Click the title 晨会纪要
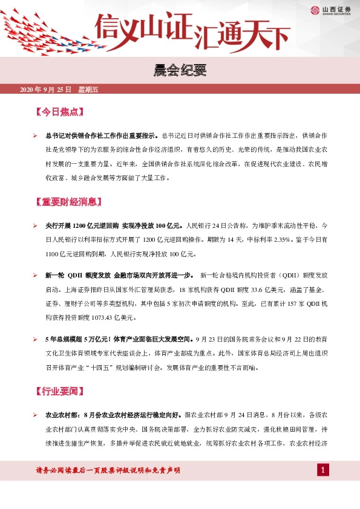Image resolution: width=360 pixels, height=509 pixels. click(180, 72)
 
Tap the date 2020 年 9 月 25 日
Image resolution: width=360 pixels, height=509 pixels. click(46, 90)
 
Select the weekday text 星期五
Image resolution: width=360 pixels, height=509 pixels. click(88, 90)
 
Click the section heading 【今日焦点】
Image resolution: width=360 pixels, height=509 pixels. click(59, 112)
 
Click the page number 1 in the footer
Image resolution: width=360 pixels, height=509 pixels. click(324, 470)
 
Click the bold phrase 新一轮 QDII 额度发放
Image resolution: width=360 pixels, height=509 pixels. click(77, 275)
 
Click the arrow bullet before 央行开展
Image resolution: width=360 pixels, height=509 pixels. click(36, 225)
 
